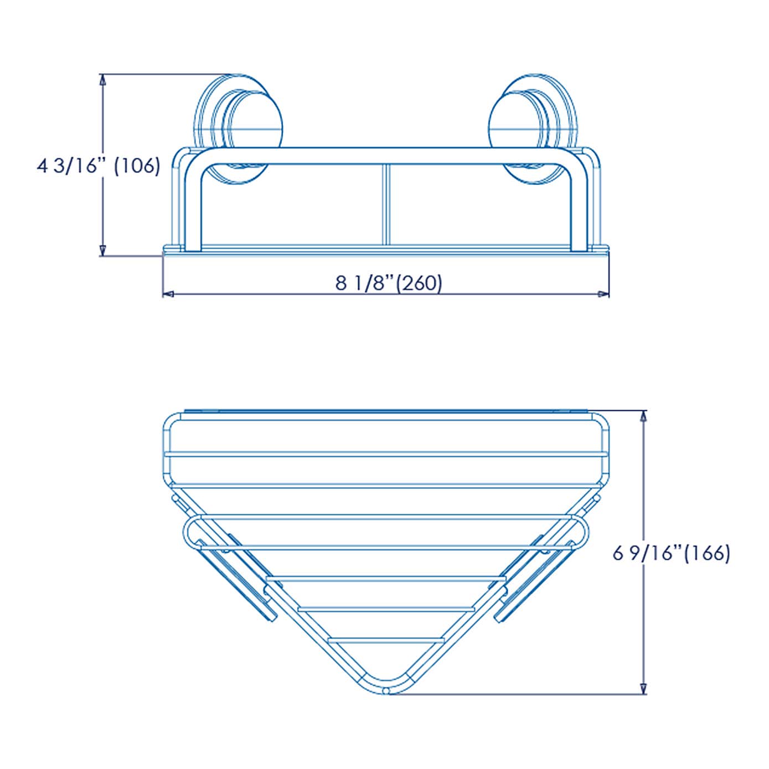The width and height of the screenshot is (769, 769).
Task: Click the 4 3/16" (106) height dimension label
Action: [x=99, y=166]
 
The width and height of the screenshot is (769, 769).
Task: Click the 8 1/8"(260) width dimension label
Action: [x=389, y=283]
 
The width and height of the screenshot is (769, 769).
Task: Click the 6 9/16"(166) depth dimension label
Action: [x=671, y=553]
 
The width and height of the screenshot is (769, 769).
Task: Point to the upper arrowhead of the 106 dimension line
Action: [x=102, y=81]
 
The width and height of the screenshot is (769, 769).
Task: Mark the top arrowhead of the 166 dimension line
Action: [x=643, y=417]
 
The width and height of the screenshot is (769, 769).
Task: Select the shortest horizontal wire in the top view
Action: [x=386, y=641]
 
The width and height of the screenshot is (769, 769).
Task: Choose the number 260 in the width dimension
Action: [x=421, y=283]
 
